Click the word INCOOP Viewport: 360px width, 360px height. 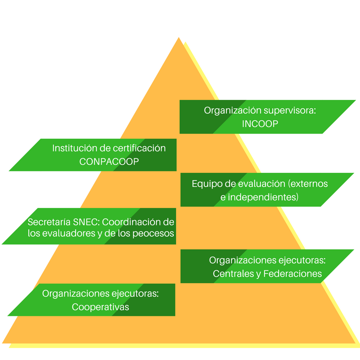[x=260, y=124]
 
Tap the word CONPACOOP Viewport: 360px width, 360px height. [x=109, y=162]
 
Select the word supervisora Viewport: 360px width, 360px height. [x=290, y=111]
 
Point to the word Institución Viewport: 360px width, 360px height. [x=75, y=148]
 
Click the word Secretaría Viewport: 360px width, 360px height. [x=49, y=222]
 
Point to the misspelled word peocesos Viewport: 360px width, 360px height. [x=153, y=234]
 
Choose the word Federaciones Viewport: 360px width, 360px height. [x=292, y=274]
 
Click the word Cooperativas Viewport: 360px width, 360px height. [x=100, y=307]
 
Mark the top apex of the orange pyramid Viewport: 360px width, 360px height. [x=179, y=37]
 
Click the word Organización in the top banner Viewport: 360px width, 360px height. [x=232, y=111]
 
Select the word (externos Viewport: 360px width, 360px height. [x=308, y=184]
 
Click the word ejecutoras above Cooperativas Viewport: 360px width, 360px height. [x=135, y=294]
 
